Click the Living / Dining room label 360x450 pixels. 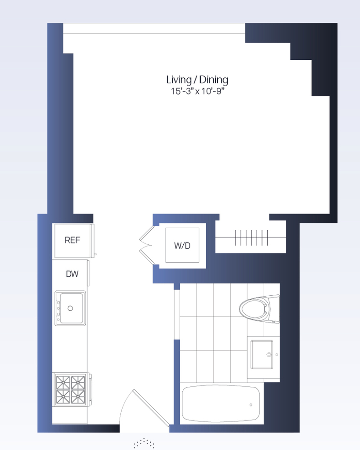pos(197,80)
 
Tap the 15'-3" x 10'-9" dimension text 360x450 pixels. pos(197,91)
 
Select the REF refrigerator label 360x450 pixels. pos(73,240)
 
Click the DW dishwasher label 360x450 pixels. pos(72,274)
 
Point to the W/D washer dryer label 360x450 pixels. pos(182,246)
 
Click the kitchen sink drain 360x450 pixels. pos(70,308)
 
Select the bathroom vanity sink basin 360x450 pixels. pos(262,355)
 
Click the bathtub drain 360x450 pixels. pos(251,405)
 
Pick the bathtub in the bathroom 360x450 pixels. pos(221,403)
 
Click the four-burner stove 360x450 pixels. pos(71,389)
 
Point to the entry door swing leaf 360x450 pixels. pos(151,407)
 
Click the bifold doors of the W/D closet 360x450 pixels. pos(147,245)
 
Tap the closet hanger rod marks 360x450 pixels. pos(251,238)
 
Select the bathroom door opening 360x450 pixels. pos(177,315)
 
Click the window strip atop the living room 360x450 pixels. pos(154,29)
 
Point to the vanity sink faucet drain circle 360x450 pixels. pos(269,355)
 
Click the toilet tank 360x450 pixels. pos(274,309)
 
